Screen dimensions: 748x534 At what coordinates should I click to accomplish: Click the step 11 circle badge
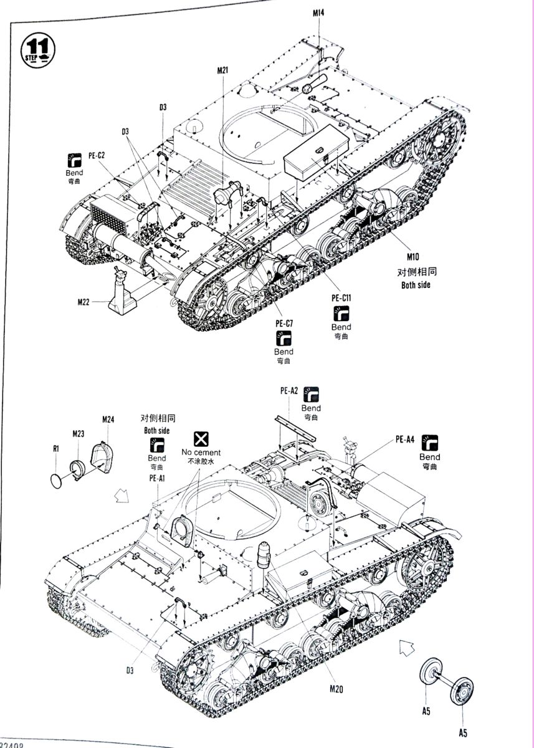pos(39,48)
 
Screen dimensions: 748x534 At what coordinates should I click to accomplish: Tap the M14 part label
pos(318,12)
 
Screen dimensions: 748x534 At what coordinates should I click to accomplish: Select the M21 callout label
pos(223,70)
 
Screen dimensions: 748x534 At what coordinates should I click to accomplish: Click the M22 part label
pos(85,302)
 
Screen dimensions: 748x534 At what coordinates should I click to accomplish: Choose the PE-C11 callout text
pos(341,298)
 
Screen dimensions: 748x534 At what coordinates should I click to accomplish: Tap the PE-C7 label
pos(284,323)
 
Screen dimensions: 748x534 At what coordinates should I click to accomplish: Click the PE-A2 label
pos(288,391)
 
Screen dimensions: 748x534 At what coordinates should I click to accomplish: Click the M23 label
pos(78,433)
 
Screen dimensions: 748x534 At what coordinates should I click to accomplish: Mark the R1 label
pos(55,448)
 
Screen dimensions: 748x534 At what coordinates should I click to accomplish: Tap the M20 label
pos(336,689)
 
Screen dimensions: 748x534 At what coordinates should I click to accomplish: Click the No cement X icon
pos(201,438)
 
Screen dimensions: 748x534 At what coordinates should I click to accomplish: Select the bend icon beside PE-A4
pos(429,442)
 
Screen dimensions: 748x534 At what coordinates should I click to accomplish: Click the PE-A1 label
pos(156,478)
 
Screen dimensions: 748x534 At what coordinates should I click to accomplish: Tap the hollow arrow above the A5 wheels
pos(406,648)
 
